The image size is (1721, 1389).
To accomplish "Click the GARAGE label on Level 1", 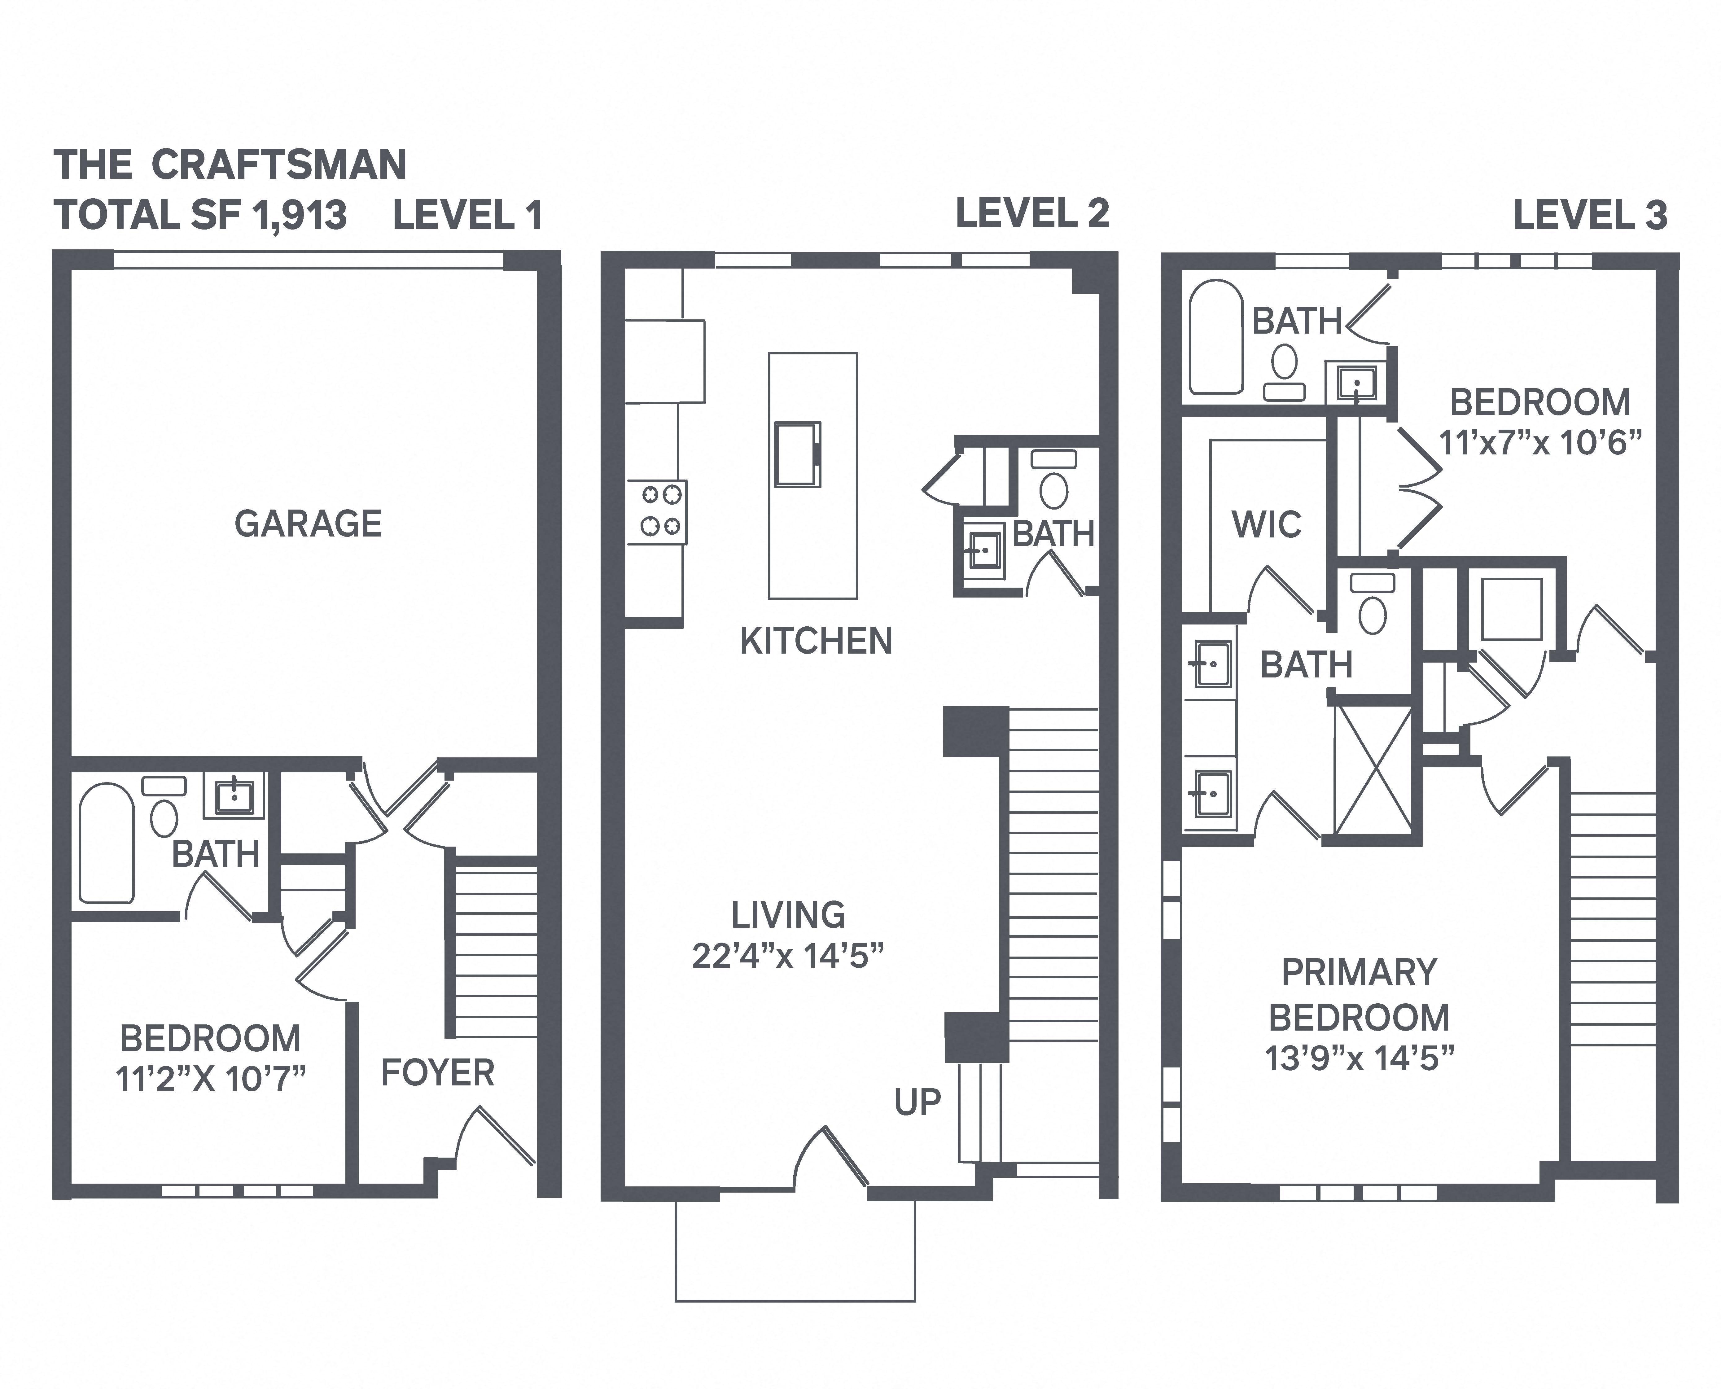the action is tap(308, 524).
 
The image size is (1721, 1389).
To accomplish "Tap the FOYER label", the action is tap(438, 1073).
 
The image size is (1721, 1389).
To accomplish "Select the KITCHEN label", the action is tap(816, 641).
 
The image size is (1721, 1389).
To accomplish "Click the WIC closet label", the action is tap(1267, 525).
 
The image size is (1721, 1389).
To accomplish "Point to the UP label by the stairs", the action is tap(918, 1102).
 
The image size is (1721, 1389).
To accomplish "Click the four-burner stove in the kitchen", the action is tap(656, 512).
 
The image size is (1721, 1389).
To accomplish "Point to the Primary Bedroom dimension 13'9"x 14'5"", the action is tap(1359, 1058).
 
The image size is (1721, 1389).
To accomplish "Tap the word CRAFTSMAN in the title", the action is tap(279, 165).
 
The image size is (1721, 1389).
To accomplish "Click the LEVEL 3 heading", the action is tap(1590, 216).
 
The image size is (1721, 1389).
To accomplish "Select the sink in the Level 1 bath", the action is tap(234, 795).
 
